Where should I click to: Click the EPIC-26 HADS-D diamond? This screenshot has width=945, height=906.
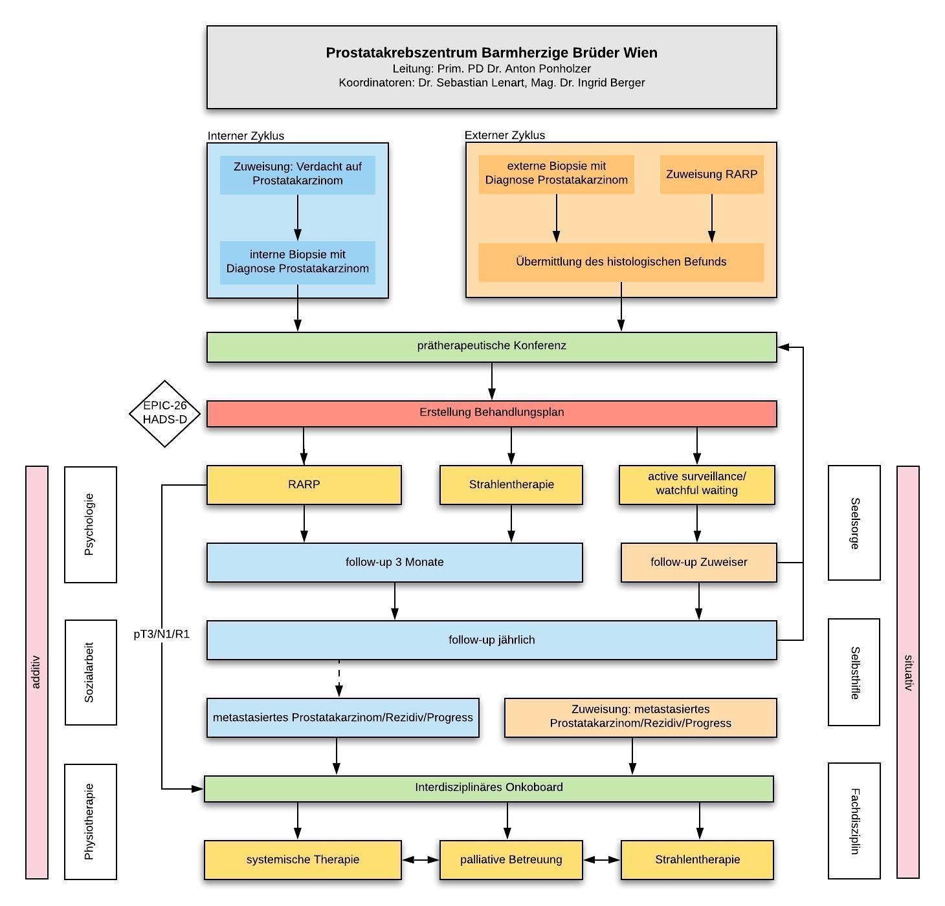[165, 413]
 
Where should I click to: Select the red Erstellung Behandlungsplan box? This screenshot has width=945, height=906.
[491, 413]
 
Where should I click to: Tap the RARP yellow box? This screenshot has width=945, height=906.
[304, 484]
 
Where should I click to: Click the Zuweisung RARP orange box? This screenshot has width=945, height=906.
[711, 174]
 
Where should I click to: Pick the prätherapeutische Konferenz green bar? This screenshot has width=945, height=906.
[491, 347]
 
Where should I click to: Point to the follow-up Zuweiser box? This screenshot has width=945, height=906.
[698, 562]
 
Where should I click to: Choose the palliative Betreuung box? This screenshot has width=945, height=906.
[511, 859]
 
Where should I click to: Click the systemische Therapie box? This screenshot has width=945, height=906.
[302, 859]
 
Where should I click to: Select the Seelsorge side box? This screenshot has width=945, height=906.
[854, 523]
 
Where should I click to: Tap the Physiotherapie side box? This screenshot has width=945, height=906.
[90, 821]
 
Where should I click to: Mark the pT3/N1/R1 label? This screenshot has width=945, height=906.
[162, 634]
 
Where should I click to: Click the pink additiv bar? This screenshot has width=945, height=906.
[37, 672]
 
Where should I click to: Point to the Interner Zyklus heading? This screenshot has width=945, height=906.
[245, 136]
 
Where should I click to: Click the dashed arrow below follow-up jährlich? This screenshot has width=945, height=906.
[339, 678]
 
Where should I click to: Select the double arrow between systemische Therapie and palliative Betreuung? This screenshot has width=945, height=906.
[420, 859]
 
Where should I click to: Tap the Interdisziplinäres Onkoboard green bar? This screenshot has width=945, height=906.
[489, 788]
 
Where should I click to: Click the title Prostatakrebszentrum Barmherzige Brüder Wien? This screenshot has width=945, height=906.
[491, 53]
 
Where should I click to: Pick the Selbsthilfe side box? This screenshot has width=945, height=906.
[854, 672]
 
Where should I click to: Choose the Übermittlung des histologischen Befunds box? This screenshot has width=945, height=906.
[621, 262]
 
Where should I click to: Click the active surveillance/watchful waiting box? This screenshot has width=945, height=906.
[696, 484]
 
